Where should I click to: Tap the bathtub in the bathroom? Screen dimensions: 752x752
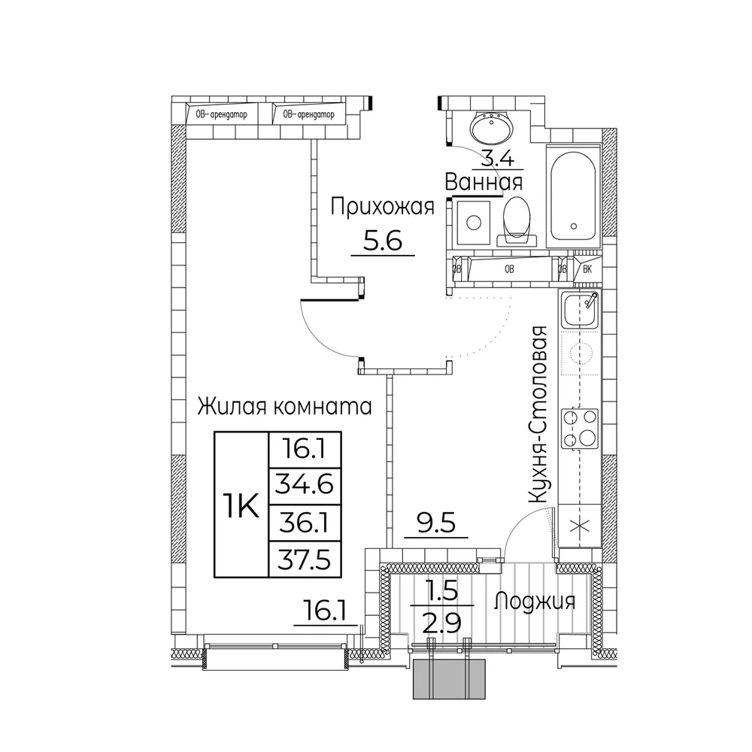click(574, 196)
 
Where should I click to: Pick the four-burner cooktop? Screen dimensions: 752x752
click(581, 429)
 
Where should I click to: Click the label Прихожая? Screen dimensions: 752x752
click(382, 208)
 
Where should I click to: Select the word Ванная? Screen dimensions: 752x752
click(484, 183)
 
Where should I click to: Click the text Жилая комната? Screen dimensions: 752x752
click(285, 407)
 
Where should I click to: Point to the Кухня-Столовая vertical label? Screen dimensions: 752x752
click(538, 414)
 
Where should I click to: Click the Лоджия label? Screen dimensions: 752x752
click(535, 602)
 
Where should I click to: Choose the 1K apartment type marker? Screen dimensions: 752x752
click(241, 505)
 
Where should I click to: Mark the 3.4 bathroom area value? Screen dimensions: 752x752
click(497, 158)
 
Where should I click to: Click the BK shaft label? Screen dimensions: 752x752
click(587, 269)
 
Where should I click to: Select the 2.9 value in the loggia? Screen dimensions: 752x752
click(441, 623)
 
